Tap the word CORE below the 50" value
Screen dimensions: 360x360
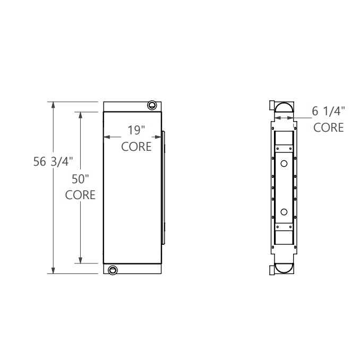tap(80, 195)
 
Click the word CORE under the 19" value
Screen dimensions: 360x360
tap(136, 147)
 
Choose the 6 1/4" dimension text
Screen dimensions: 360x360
tap(328, 111)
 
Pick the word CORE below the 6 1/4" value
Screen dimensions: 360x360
tap(328, 127)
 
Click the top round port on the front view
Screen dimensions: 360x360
tap(153, 105)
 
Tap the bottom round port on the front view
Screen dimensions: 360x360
tap(112, 270)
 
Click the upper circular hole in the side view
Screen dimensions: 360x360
tap(284, 164)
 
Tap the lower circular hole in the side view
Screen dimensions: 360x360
tap(284, 211)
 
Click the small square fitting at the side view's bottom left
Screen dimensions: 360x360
tap(272, 270)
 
